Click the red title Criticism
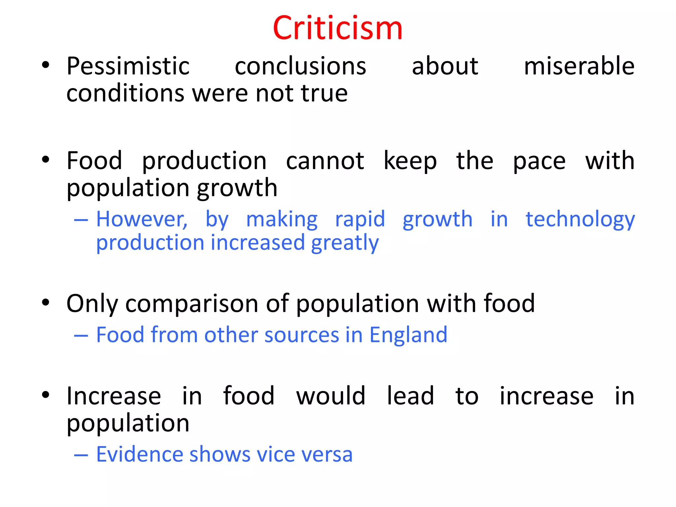[338, 28]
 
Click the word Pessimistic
[128, 66]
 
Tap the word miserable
[579, 66]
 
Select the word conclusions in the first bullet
[300, 66]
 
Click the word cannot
[325, 161]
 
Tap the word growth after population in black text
[237, 188]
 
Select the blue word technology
[580, 220]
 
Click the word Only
[92, 304]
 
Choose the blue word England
[408, 335]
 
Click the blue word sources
[302, 335]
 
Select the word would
[331, 396]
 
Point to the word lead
[410, 396]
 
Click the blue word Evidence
[139, 455]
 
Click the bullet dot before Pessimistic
[46, 65]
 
